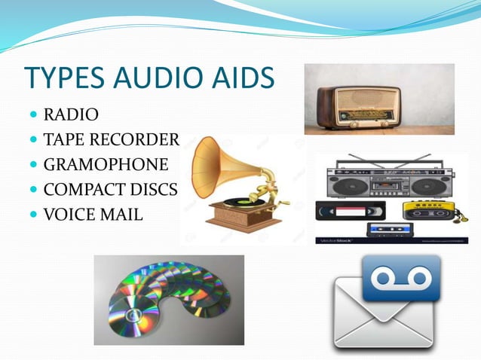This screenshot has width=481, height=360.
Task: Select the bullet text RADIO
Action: coord(71,115)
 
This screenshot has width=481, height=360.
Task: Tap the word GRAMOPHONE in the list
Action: coord(106,164)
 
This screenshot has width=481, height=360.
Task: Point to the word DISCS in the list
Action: coord(154,189)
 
